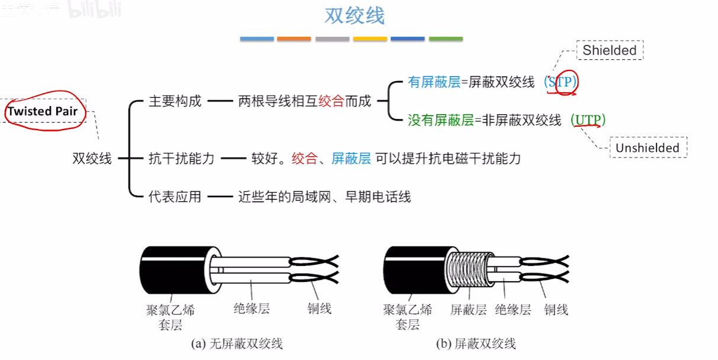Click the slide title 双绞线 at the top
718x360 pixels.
(355, 15)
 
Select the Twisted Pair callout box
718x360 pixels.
(43, 111)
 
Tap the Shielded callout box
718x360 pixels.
(609, 50)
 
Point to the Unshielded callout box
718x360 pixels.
(647, 147)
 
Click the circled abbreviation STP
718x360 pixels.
(561, 82)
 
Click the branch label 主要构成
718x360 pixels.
(175, 101)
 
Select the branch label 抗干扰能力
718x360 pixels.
(181, 158)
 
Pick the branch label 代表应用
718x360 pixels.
(175, 196)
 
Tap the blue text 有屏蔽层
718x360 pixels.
(434, 82)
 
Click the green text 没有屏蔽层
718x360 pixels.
(440, 120)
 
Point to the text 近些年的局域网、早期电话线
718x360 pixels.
(324, 196)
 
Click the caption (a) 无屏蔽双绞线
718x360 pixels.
(237, 343)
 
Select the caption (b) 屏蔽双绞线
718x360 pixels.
(476, 343)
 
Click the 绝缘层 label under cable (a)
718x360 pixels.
(252, 308)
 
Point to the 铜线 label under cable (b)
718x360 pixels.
(556, 309)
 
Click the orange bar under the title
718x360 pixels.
(294, 39)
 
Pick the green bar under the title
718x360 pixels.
(446, 39)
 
